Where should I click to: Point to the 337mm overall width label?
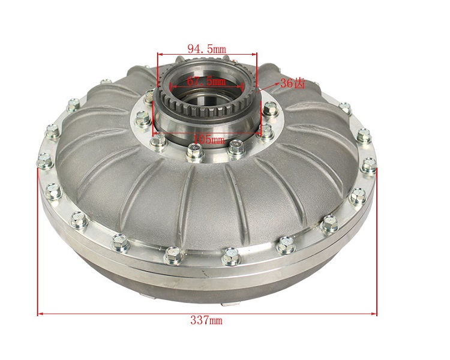[x=206, y=320]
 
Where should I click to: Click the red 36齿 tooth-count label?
[x=292, y=83]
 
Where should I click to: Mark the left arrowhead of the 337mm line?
[x=40, y=313]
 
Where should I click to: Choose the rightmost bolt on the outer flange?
[x=370, y=163]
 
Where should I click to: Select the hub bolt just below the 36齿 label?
[x=269, y=110]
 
